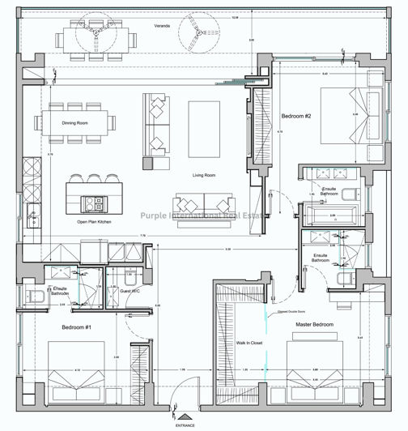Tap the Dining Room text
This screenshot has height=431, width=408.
click(75, 124)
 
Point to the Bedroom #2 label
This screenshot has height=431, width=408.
click(296, 117)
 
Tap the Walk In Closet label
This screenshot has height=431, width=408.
click(250, 342)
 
